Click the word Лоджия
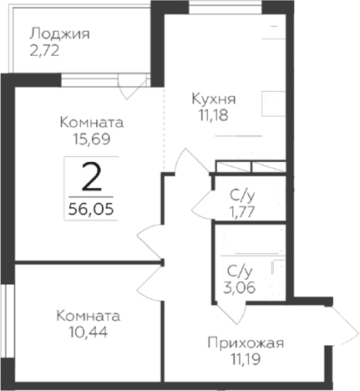[58, 34]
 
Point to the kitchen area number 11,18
[210, 114]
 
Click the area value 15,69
[88, 140]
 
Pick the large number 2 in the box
[92, 177]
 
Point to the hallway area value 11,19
[245, 360]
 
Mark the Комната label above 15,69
[89, 122]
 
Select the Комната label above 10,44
[88, 316]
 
